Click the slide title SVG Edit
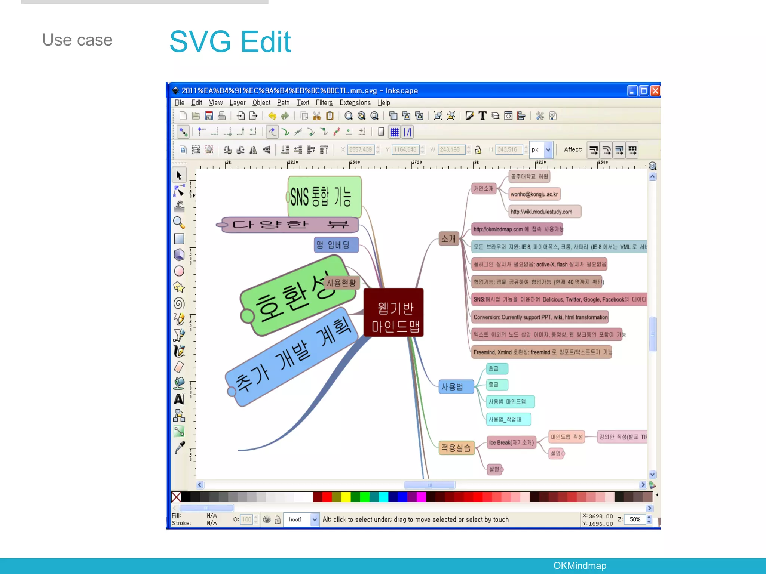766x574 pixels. pyautogui.click(x=230, y=41)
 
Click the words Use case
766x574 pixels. pyautogui.click(x=77, y=40)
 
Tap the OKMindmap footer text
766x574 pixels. pyautogui.click(x=579, y=565)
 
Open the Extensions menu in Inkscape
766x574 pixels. pyautogui.click(x=355, y=103)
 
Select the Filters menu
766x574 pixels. pyautogui.click(x=324, y=103)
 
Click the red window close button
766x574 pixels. pyautogui.click(x=655, y=91)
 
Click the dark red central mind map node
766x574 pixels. pyautogui.click(x=394, y=313)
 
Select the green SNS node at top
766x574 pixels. pyautogui.click(x=324, y=197)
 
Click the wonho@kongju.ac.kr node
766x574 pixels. pyautogui.click(x=534, y=194)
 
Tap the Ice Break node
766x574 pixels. pyautogui.click(x=511, y=443)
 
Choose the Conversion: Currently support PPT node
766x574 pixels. pyautogui.click(x=540, y=317)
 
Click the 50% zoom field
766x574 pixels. pyautogui.click(x=635, y=519)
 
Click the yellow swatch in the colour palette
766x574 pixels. pyautogui.click(x=346, y=497)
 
